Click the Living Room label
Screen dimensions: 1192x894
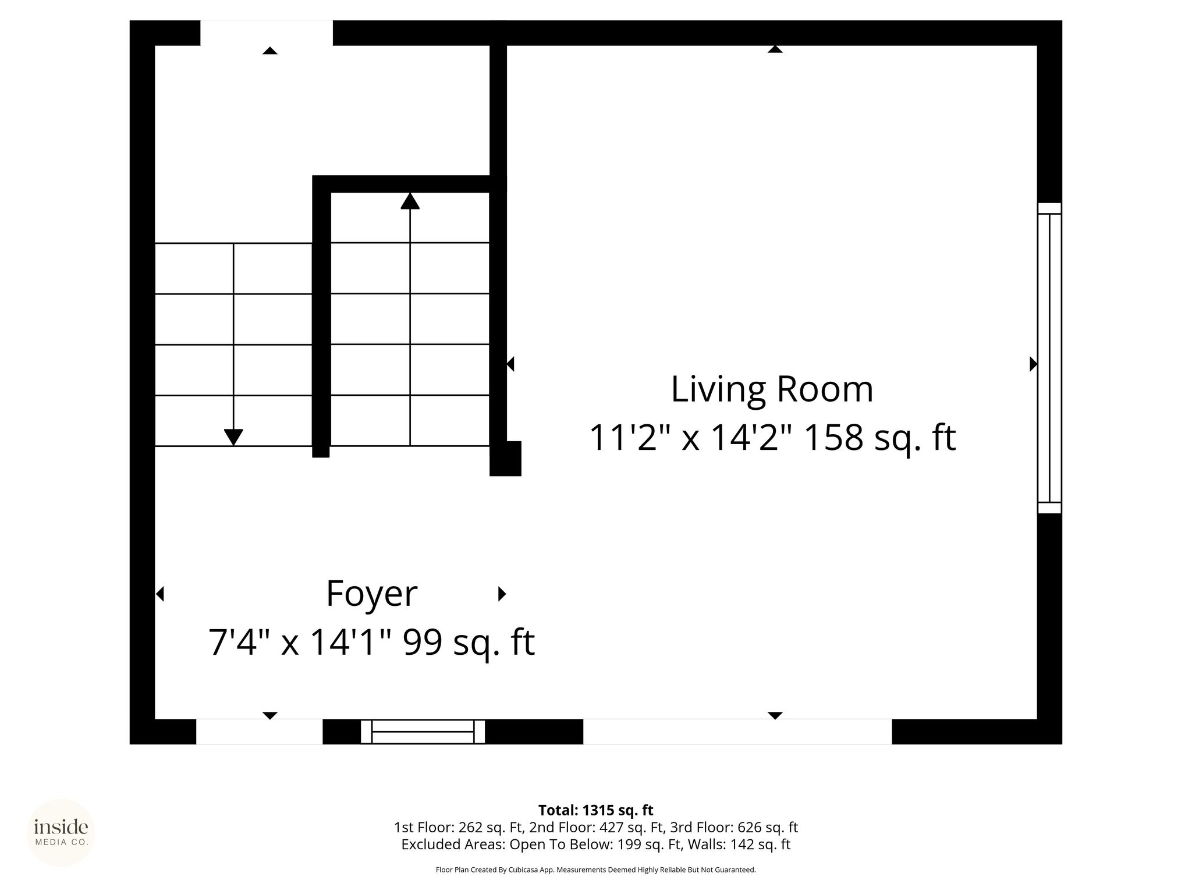[x=772, y=389]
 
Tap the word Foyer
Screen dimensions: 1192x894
[x=372, y=594]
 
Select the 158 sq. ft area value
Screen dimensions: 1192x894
[x=879, y=438]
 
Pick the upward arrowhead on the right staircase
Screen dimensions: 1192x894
[x=410, y=201]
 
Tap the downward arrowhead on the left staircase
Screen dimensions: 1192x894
[x=233, y=437]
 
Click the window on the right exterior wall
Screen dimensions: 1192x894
[x=1049, y=358]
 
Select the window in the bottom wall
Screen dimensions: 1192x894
[x=423, y=732]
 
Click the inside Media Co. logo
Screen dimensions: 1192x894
[x=61, y=832]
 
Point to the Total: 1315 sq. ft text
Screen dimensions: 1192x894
[x=595, y=810]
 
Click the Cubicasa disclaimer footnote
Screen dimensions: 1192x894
[x=595, y=870]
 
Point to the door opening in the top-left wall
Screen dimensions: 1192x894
[x=267, y=33]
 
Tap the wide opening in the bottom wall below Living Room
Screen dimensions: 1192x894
[x=737, y=732]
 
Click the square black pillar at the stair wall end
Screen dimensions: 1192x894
[x=505, y=459]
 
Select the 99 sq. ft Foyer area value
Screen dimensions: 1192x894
[x=469, y=642]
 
